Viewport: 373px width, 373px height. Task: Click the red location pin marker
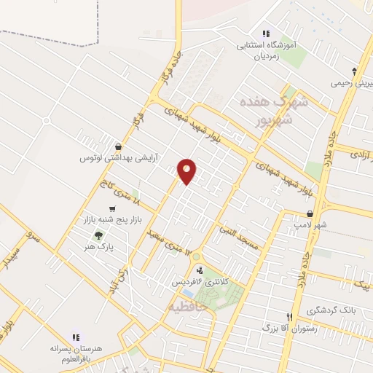coord(187,170)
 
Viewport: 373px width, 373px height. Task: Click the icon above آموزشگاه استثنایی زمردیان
coord(265,34)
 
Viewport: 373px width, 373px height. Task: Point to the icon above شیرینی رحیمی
coord(354,71)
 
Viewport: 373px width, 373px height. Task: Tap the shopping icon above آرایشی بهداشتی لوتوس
coord(118,146)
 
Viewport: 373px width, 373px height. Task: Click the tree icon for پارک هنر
coord(98,235)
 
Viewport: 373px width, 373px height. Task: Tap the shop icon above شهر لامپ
coord(311,213)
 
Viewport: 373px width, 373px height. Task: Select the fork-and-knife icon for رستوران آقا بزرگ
coord(289,317)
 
